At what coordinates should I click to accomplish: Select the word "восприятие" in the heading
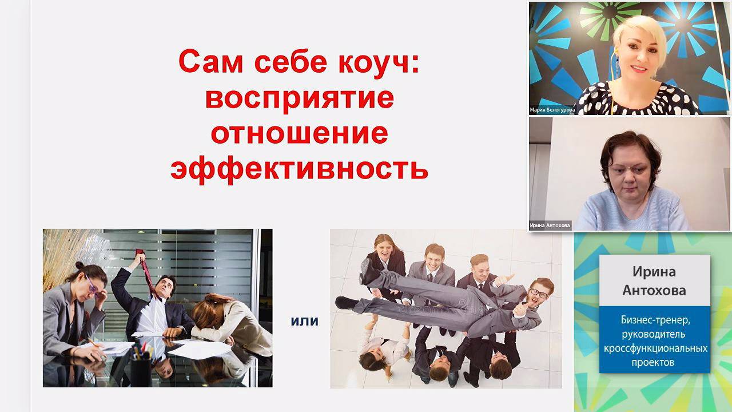(x=299, y=98)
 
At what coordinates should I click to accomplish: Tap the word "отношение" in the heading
(x=299, y=133)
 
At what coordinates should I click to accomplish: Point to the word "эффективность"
(x=299, y=169)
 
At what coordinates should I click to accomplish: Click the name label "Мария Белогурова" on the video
(x=552, y=109)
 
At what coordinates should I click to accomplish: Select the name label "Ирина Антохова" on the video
(x=550, y=225)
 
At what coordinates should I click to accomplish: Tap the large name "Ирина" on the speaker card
(x=654, y=271)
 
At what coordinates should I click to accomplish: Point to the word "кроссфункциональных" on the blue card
(x=655, y=348)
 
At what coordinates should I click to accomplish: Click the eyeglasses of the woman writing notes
(x=92, y=284)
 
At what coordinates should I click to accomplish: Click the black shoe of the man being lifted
(x=346, y=303)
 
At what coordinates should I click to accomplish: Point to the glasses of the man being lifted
(x=539, y=293)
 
